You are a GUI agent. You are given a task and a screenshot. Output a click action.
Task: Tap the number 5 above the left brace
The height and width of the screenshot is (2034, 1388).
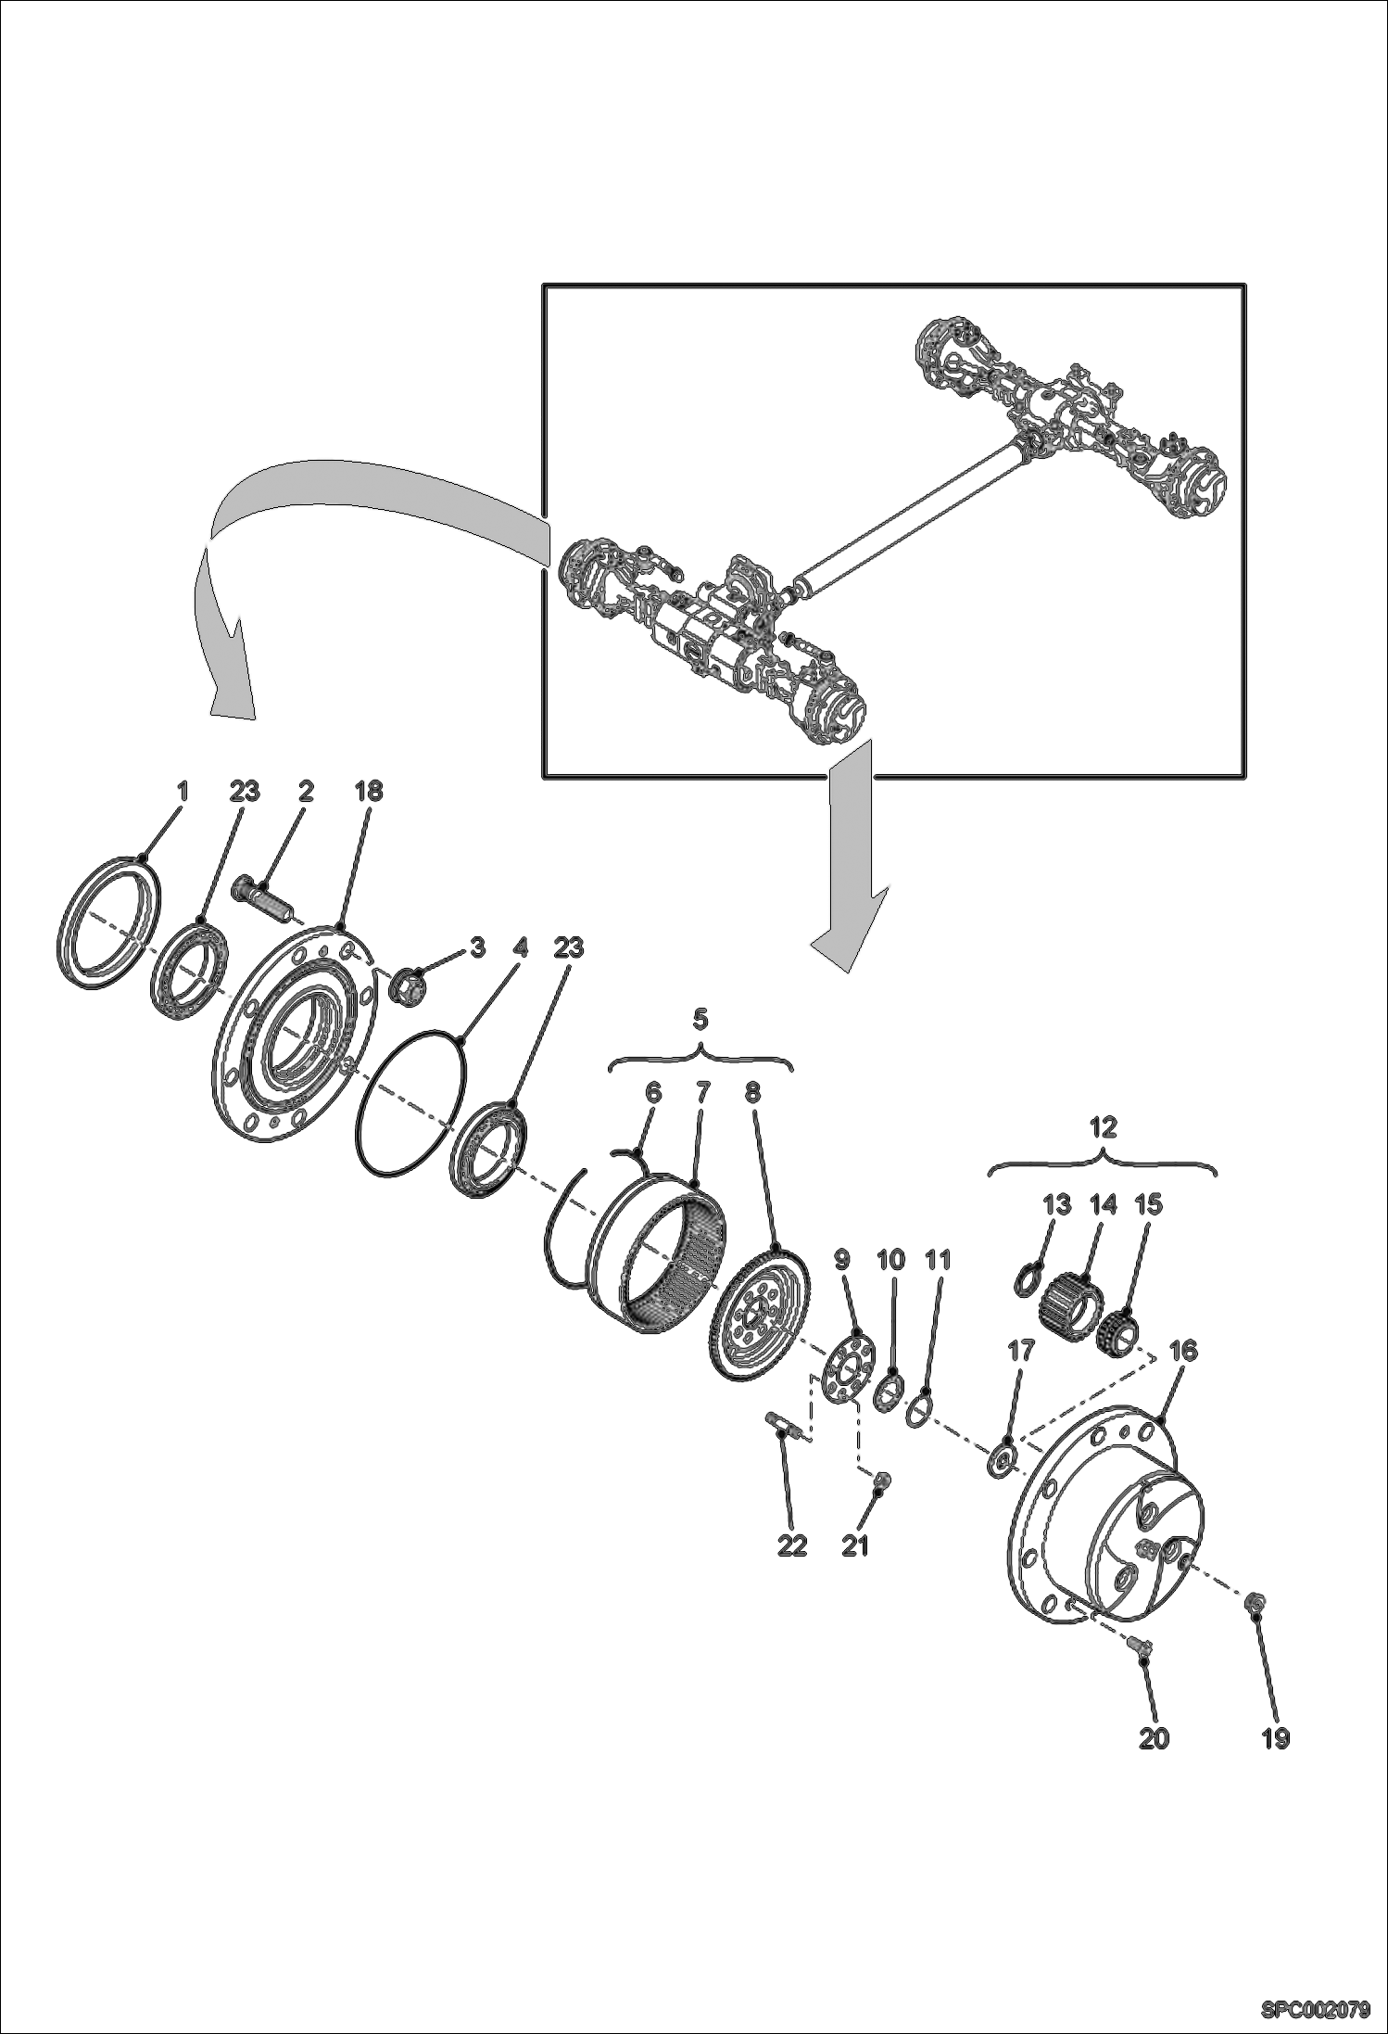tap(700, 1020)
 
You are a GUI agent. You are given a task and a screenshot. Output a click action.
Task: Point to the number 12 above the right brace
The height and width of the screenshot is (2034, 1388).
tap(1104, 1127)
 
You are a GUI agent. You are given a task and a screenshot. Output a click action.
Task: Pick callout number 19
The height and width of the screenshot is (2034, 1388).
tap(1276, 1738)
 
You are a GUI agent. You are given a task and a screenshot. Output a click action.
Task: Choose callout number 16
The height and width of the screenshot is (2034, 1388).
tap(1183, 1351)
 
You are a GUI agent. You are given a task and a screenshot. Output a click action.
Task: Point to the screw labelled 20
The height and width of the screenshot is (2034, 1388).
tap(1140, 1645)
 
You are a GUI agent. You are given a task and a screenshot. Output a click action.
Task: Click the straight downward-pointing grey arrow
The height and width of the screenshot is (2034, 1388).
tap(849, 861)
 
